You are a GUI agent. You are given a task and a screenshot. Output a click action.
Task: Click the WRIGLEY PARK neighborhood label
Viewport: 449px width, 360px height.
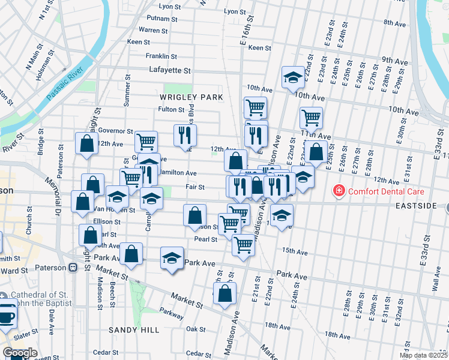[x=191, y=97]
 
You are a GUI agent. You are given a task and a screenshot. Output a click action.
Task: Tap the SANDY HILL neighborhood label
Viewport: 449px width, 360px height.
[x=134, y=330]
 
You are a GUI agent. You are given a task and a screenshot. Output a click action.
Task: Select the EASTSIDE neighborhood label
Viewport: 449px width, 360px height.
[x=415, y=205]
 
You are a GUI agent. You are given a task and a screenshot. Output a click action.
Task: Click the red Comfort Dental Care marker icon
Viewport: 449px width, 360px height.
[x=339, y=191]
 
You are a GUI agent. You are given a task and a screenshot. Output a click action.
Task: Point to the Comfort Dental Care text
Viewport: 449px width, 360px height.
[x=386, y=192]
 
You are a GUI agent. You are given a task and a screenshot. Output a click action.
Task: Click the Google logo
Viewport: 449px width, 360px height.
[x=20, y=353]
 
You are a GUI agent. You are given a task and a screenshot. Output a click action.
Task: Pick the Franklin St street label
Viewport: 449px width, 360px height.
[x=161, y=56]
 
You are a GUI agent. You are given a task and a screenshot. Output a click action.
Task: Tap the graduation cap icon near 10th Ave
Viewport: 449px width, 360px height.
[x=292, y=77]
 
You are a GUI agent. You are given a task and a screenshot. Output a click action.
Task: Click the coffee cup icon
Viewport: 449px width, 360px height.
[x=6, y=316]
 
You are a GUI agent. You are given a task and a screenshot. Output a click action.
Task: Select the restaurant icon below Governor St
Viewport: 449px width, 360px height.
[x=185, y=135]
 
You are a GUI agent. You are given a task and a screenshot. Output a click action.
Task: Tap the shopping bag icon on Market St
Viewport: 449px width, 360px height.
[x=224, y=294]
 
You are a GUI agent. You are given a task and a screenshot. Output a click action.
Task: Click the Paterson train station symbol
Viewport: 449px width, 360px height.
[x=73, y=268]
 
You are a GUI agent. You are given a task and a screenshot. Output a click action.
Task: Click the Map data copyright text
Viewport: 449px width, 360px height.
[x=423, y=355]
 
